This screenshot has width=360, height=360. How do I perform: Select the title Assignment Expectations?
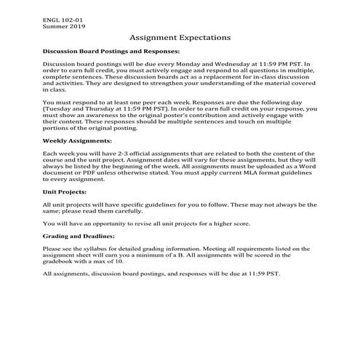pos(180,36)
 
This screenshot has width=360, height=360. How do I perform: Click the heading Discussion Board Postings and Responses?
pos(111,52)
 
